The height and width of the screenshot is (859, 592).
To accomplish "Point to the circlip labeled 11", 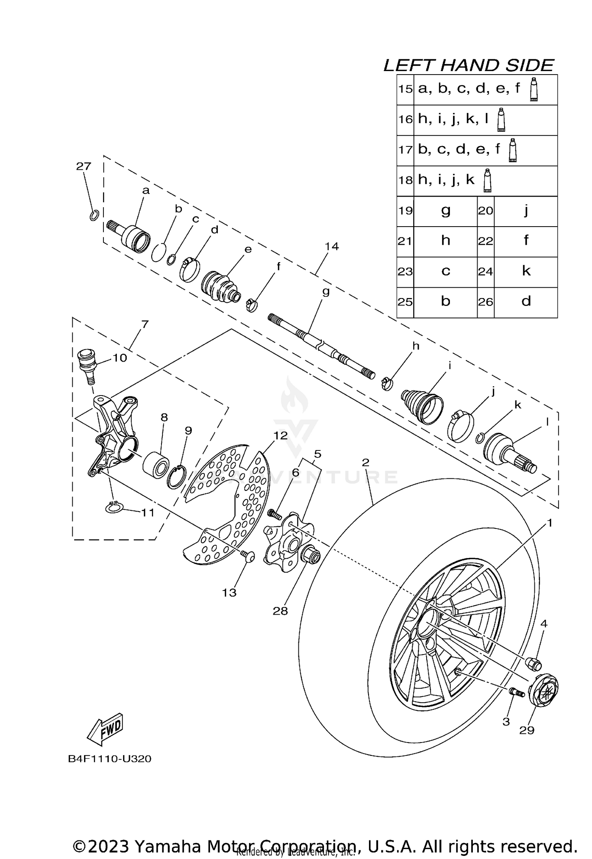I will pos(114,508).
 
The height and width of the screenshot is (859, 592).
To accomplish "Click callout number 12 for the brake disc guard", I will pos(281,436).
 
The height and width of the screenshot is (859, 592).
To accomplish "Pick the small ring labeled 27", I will pos(94,216).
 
